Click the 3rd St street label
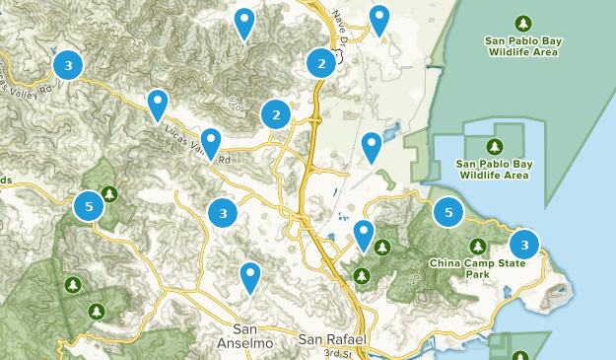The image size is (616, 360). pos(338,352)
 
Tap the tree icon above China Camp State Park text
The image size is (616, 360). pos(478,247)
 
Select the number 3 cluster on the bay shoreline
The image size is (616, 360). pos(524,244)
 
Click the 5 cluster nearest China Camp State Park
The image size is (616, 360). pos(448,211)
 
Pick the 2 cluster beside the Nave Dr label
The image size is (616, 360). pos(320,63)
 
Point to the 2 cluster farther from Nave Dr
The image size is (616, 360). pos(276,115)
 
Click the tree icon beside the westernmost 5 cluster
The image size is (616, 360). pos(109,193)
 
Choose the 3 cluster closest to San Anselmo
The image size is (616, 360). pos(224,211)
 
